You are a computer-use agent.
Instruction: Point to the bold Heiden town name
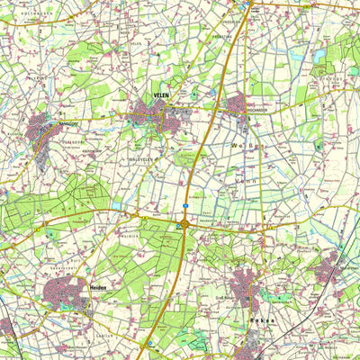99,285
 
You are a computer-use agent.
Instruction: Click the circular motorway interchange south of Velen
184,223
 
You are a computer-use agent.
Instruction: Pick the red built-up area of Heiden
70,292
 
